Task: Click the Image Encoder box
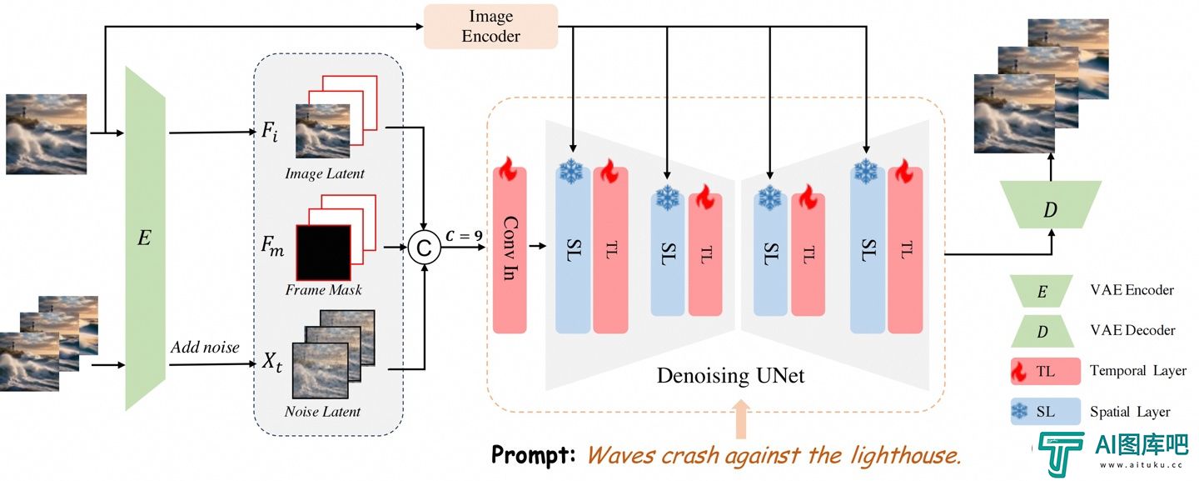[491, 26]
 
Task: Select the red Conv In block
[510, 249]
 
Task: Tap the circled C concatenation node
[424, 248]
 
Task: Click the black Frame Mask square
[324, 253]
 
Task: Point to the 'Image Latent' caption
[325, 173]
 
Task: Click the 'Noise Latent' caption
[323, 411]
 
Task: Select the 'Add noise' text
[205, 347]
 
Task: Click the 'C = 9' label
[464, 236]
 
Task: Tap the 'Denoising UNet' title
[731, 375]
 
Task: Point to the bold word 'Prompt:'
[533, 455]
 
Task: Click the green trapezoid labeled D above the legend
[1051, 204]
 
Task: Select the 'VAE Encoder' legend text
[1132, 290]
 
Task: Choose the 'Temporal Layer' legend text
[1138, 371]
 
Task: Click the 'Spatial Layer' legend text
[1130, 411]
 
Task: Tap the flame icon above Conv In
[507, 169]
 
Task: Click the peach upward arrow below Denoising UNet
[741, 419]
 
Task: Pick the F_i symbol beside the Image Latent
[270, 131]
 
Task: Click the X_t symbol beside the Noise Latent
[272, 362]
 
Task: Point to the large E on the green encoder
[144, 238]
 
